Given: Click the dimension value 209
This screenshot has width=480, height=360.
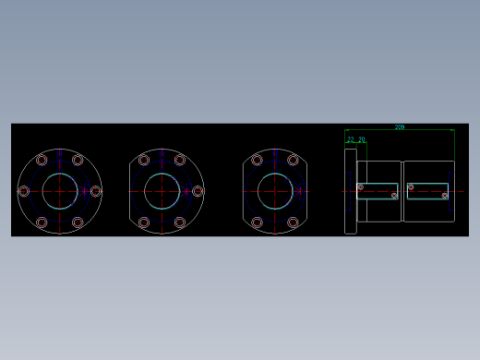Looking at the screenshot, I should [399, 126].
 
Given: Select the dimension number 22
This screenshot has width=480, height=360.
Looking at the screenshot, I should [351, 139].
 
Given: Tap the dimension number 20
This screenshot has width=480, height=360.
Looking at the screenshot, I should [361, 139].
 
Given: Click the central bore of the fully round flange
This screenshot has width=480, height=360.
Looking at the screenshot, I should [60, 191].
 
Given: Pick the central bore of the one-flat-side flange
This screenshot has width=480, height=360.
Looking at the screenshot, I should [162, 191].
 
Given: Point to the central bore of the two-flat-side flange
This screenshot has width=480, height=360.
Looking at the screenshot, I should [275, 191].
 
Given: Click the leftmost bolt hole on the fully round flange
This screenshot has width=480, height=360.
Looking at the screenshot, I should [24, 191].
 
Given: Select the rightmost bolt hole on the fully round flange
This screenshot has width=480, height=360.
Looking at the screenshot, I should [95, 191].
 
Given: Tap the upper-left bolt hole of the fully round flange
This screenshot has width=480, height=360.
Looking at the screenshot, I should [42, 160].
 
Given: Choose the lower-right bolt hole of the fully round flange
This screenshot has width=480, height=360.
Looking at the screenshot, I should [78, 222].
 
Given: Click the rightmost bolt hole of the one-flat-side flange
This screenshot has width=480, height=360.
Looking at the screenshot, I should [198, 191].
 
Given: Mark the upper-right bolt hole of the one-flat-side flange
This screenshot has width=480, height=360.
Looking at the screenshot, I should [180, 160].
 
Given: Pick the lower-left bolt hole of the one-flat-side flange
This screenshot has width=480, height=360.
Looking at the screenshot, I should [144, 222].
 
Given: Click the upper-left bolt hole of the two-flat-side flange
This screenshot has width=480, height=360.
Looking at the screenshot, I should [257, 160].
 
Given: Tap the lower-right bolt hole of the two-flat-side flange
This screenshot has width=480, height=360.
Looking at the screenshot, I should [294, 222].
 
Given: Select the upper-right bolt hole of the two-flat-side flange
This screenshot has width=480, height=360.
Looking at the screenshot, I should [294, 160].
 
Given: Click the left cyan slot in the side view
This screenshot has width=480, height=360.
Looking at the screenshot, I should [378, 191].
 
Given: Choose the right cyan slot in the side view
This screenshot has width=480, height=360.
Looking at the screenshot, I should [428, 191].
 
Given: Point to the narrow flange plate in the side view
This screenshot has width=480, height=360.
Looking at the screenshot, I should [351, 191].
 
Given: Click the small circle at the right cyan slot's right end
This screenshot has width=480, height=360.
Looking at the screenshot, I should [444, 196].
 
